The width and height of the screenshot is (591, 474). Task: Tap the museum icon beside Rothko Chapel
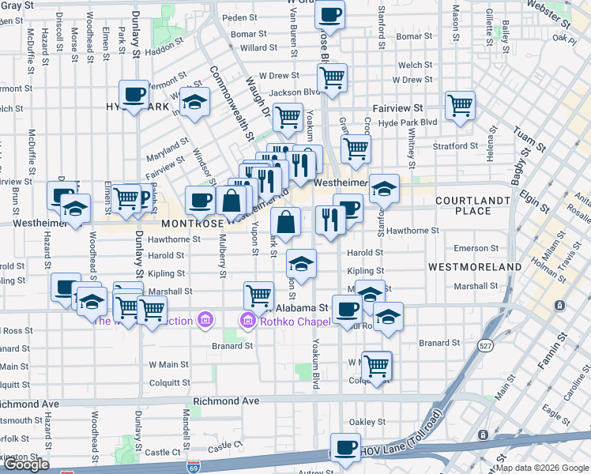(x=247, y=321)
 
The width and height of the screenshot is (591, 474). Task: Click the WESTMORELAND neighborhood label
(x=475, y=267)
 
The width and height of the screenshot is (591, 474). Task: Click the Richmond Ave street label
(x=227, y=401)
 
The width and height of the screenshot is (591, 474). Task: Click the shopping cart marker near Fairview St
(x=459, y=105)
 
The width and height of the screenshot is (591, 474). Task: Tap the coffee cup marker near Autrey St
(x=344, y=448)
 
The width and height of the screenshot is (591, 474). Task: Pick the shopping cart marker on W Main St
(x=377, y=365)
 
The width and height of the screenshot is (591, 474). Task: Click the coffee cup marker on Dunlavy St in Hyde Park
(x=134, y=95)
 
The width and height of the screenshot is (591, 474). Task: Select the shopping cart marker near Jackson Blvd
(x=332, y=77)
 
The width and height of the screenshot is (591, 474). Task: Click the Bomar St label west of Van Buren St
(x=248, y=34)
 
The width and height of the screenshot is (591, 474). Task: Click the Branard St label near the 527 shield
(x=439, y=343)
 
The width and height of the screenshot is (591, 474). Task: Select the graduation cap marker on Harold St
(x=301, y=262)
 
